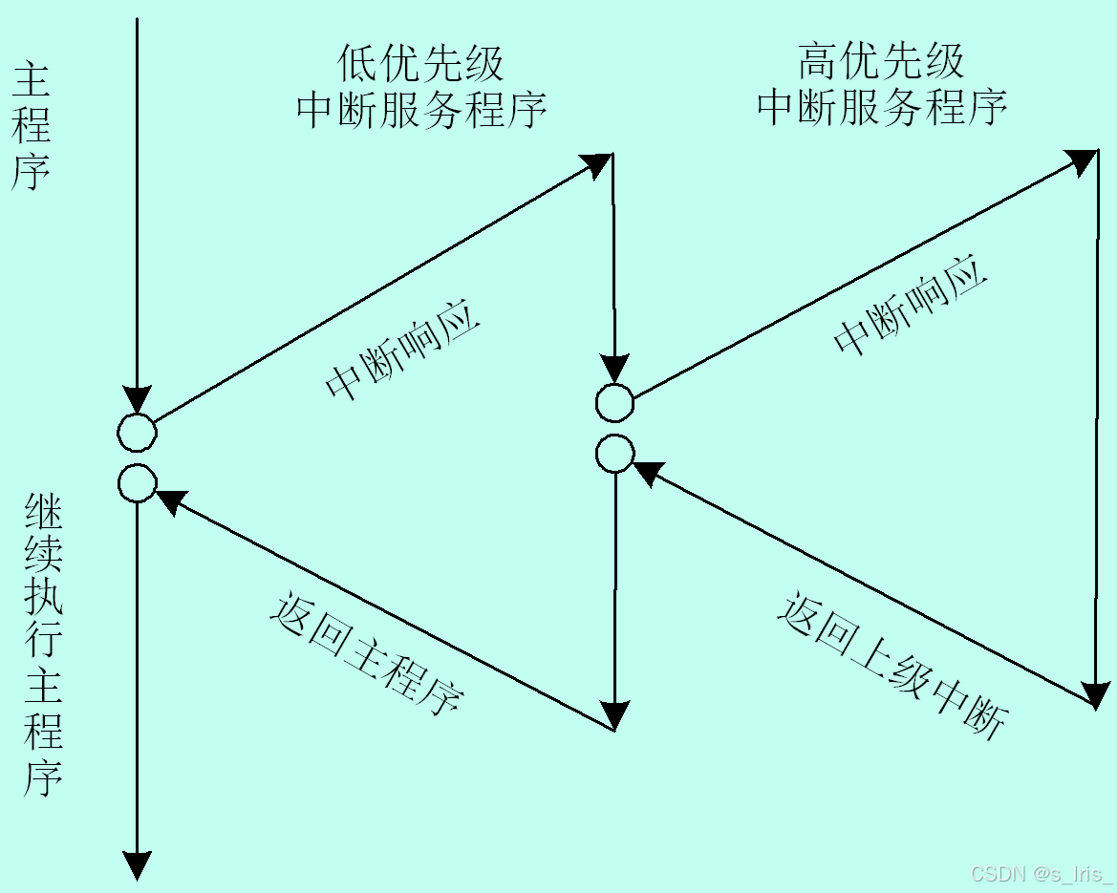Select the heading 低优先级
[421, 64]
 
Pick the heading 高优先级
[881, 63]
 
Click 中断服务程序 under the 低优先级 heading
[421, 109]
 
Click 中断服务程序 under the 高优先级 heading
[881, 108]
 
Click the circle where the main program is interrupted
[137, 433]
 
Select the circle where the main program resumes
[137, 483]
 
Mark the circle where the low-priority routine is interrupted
[614, 403]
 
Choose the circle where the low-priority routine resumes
[614, 454]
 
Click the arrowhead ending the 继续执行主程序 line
[138, 864]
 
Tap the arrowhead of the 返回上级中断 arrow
[647, 470]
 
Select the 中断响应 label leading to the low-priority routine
[401, 353]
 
